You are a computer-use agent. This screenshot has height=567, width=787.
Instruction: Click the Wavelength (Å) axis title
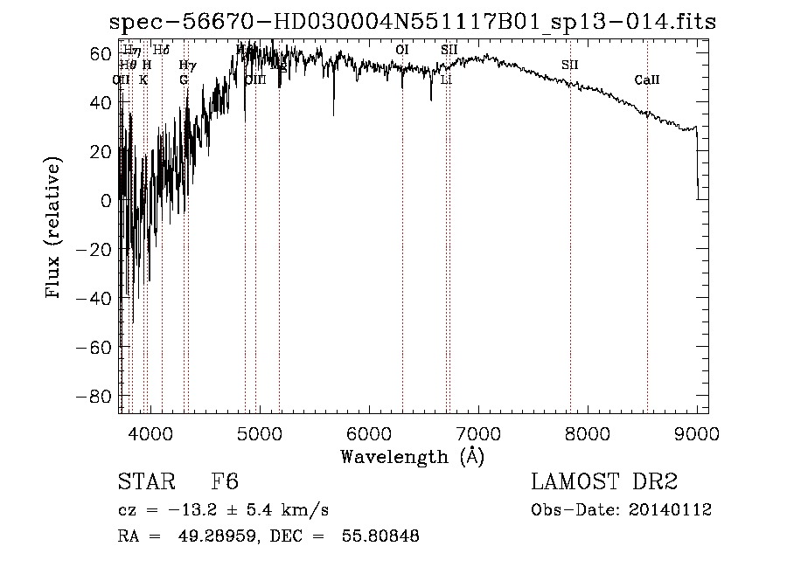point(412,456)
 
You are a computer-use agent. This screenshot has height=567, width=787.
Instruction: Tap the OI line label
point(402,50)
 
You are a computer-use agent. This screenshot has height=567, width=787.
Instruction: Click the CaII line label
point(647,80)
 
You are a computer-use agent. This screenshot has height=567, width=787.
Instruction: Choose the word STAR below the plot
point(144,482)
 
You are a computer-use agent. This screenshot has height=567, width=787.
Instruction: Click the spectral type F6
point(225,482)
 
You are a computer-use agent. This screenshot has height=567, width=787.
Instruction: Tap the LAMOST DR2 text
point(604,482)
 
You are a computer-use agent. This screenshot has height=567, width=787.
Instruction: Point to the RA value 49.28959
point(212,536)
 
